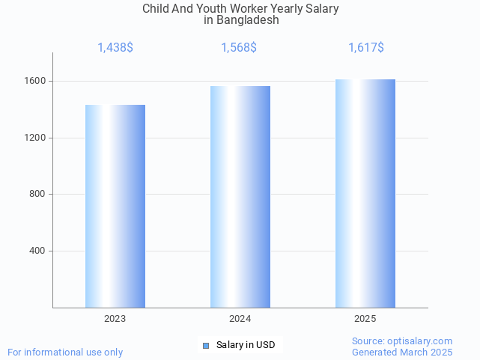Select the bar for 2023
coord(115,206)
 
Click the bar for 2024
coord(240,197)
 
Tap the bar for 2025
coord(365,193)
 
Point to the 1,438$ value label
coord(115,48)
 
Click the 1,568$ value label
coord(239,48)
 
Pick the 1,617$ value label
coord(366,48)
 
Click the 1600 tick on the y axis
coord(37,81)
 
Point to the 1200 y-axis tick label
coord(37,138)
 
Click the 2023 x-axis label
coord(115,319)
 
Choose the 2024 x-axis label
coord(240,319)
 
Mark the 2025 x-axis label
coord(365,319)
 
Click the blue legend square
coord(207,345)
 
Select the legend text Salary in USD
coord(246,345)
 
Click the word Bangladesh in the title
coord(247,20)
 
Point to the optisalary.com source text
coord(402,341)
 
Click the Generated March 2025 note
coord(402,353)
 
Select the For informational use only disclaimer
coord(65,353)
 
